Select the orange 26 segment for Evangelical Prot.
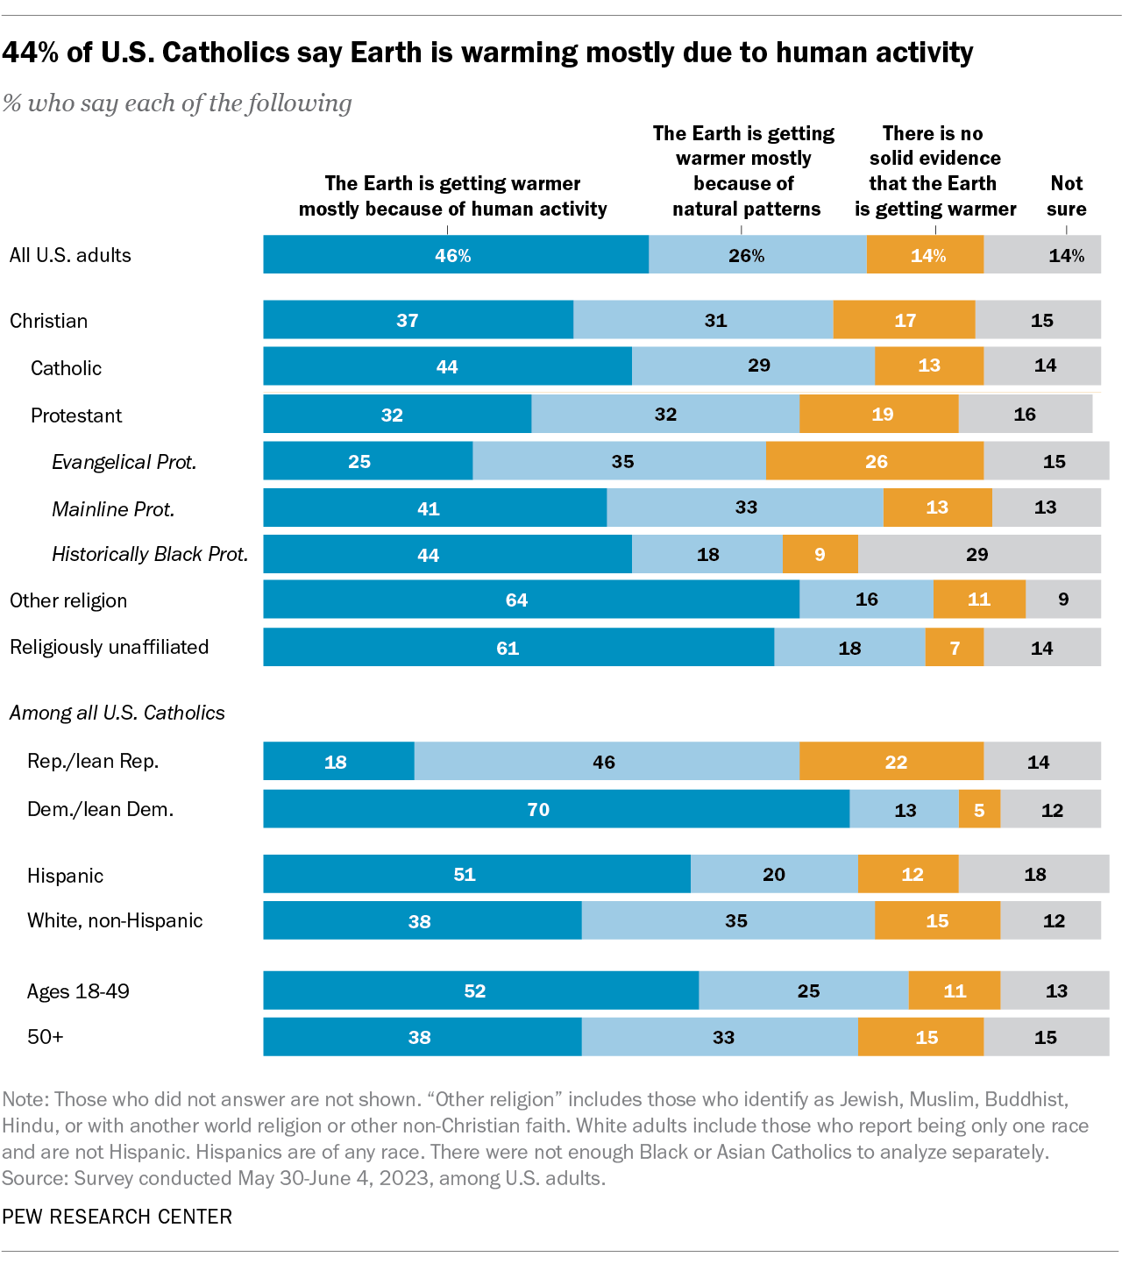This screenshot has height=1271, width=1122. click(x=875, y=461)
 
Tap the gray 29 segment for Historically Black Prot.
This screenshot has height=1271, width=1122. click(x=978, y=554)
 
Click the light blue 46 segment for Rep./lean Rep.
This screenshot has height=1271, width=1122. click(x=606, y=762)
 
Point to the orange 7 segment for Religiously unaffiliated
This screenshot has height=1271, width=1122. click(x=954, y=648)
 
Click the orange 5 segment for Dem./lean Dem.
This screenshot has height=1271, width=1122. click(x=979, y=809)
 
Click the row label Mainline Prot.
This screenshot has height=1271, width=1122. click(x=113, y=509)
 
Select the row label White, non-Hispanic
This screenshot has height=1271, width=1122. click(x=115, y=920)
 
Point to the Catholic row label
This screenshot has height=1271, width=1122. click(x=66, y=368)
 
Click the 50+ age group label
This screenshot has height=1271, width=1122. click(x=46, y=1037)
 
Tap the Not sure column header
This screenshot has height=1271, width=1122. click(x=1066, y=195)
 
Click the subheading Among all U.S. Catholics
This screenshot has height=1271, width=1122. click(x=117, y=713)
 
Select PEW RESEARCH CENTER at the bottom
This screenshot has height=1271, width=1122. click(x=117, y=1217)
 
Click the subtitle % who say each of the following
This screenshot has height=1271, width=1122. click(x=177, y=103)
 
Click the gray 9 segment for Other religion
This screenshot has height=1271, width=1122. click(x=1063, y=600)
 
